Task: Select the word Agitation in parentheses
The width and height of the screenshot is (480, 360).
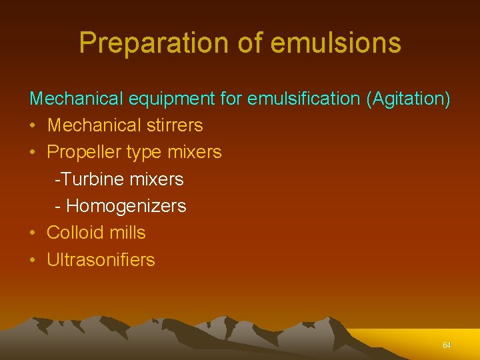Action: [408, 99]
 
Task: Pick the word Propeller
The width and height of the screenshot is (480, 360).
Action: [82, 152]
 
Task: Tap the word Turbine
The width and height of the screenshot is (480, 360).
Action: [86, 179]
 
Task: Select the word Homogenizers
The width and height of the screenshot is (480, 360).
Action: [126, 206]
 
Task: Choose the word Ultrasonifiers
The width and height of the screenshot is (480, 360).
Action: [101, 259]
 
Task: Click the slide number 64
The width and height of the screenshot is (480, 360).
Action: [447, 345]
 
